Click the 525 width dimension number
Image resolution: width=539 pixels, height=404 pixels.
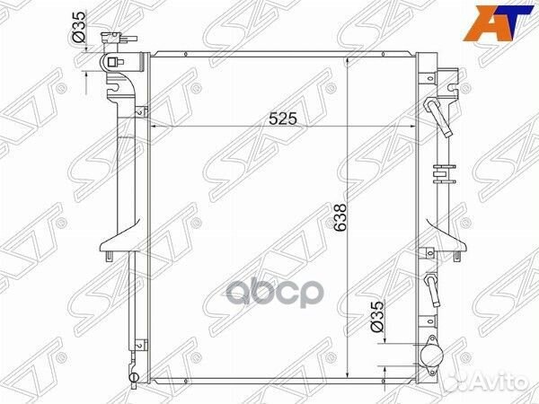click(x=283, y=119)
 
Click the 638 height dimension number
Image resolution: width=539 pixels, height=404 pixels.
click(x=340, y=219)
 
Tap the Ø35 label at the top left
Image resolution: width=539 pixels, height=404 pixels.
click(x=79, y=27)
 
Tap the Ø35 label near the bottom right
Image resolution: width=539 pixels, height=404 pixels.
click(x=376, y=316)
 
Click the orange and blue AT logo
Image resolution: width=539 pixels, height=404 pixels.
click(x=498, y=23)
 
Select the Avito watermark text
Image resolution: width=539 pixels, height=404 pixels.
click(x=499, y=382)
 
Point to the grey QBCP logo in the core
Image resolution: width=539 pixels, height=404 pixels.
click(x=275, y=294)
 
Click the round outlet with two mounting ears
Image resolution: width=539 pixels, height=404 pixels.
click(x=430, y=355)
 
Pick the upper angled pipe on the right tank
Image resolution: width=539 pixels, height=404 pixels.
click(x=438, y=117)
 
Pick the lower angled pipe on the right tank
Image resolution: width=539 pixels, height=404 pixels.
click(x=433, y=289)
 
